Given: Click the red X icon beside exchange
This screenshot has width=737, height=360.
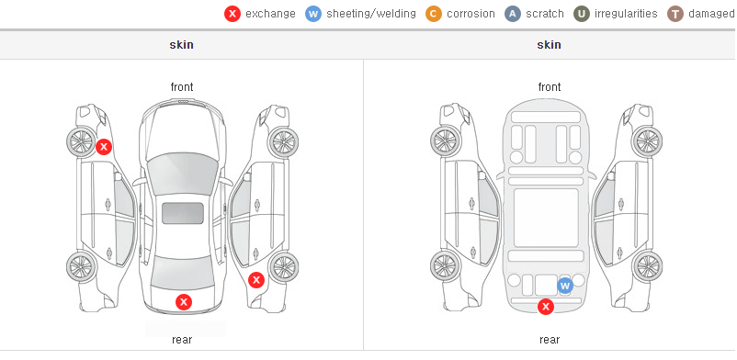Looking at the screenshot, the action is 232,14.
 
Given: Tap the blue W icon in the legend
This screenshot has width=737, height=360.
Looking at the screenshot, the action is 313,14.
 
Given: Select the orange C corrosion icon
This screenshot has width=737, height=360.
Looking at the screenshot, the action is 434,14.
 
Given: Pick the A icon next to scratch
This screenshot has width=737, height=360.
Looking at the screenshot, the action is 513,14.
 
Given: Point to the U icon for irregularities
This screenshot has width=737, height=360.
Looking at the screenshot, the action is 582,14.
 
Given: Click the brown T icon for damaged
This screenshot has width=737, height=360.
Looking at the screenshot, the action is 675,14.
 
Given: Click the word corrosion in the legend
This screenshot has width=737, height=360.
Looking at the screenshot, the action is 471,14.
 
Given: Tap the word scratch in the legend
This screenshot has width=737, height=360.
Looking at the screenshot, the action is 545,14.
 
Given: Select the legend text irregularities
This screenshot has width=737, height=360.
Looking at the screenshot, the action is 626,14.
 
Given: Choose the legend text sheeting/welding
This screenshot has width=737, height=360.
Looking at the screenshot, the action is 371,14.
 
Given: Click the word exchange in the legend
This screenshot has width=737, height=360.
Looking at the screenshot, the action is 270,14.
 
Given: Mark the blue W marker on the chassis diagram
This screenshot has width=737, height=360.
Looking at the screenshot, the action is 565,286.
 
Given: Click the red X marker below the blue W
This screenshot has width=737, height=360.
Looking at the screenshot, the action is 546,307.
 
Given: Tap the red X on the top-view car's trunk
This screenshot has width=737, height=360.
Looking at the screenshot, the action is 184,302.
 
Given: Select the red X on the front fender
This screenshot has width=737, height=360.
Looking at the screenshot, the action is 104,147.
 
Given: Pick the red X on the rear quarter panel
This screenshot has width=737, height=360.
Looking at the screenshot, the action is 256,280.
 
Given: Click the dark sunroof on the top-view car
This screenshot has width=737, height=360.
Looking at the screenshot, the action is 183,213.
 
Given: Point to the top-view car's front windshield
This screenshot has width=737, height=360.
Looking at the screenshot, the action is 182,174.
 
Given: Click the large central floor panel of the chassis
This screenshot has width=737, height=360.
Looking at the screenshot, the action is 546,218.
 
